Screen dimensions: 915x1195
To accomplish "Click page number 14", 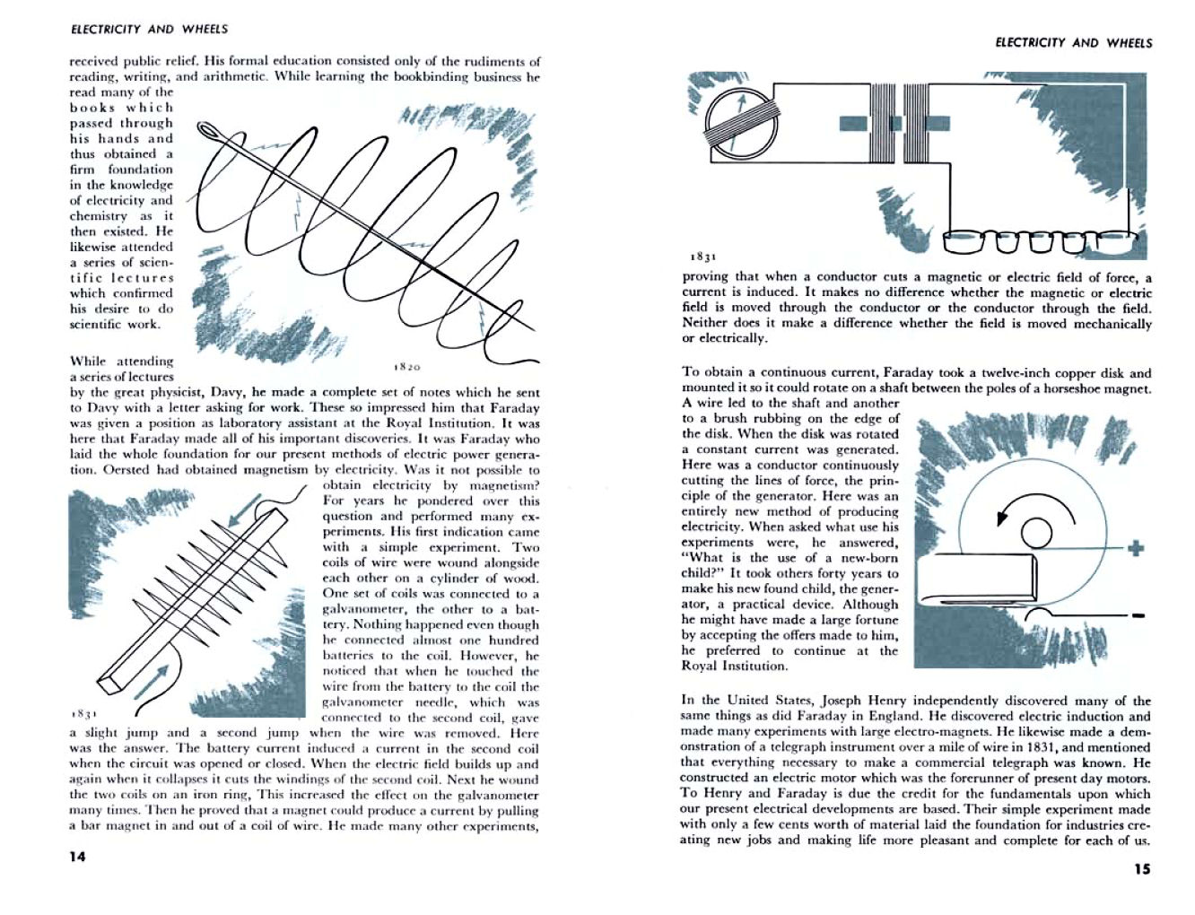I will [x=77, y=856].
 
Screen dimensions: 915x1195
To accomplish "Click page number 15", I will [x=1141, y=868].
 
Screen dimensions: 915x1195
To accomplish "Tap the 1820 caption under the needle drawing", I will [x=407, y=367].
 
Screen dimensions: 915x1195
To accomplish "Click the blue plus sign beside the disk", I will [x=1137, y=547].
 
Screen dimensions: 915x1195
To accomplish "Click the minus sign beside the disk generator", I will [x=1138, y=616].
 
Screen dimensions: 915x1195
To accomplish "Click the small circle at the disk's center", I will [x=1036, y=533].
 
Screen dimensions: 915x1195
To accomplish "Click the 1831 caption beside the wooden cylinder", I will [x=83, y=714].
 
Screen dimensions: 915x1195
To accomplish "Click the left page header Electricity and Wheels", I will [x=149, y=29].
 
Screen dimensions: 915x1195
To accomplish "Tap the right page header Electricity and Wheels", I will [x=1074, y=42].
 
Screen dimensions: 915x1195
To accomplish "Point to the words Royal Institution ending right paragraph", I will [x=735, y=666].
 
